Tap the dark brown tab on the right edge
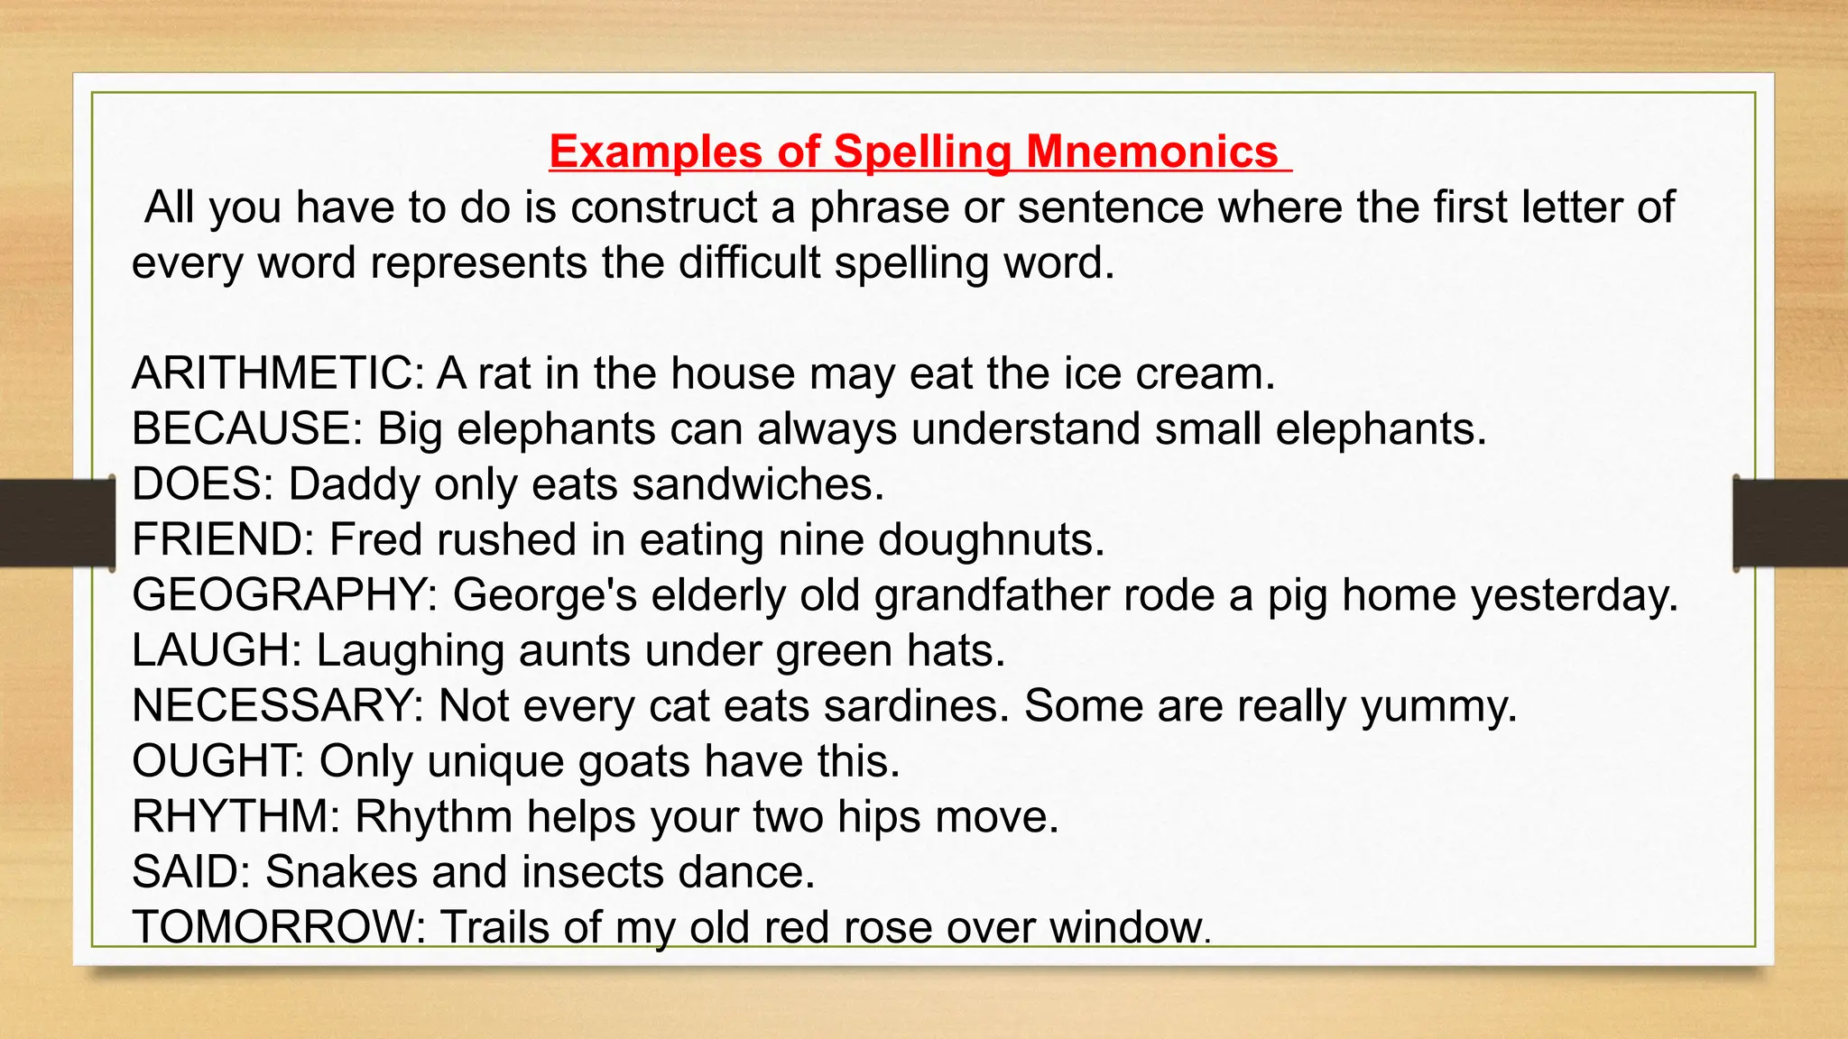click(x=1790, y=523)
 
